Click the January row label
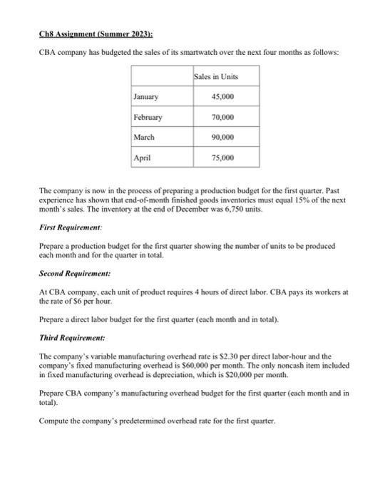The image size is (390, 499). click(x=146, y=97)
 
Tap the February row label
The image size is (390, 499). click(x=148, y=117)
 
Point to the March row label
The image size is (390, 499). click(x=145, y=137)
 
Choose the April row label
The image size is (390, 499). click(x=143, y=157)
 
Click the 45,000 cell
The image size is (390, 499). click(x=223, y=97)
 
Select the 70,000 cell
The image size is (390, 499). click(x=223, y=117)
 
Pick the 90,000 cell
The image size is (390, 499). click(x=223, y=137)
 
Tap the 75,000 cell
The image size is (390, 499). click(x=223, y=157)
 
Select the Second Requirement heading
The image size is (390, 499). click(x=74, y=273)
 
